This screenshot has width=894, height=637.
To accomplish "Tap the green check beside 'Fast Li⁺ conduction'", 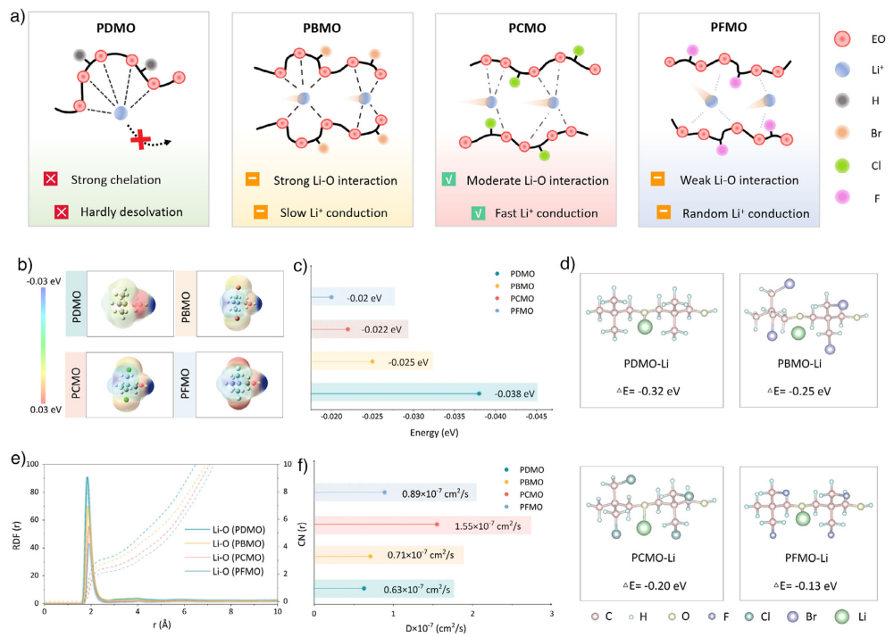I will click(x=479, y=214).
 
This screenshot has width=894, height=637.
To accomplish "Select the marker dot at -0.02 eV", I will click(x=331, y=297).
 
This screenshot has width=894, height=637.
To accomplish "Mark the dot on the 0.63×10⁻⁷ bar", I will click(x=363, y=589).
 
